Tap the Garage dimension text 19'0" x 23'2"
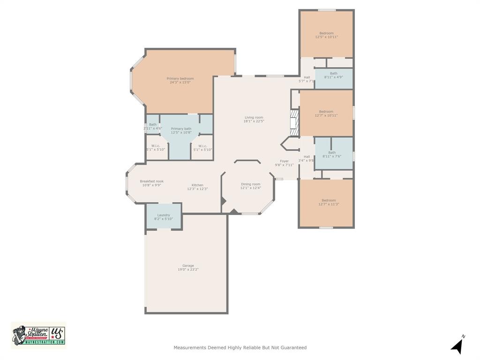tap(188, 270)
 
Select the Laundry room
tap(164, 217)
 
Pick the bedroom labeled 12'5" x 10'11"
tap(326, 35)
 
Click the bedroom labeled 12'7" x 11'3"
tap(329, 202)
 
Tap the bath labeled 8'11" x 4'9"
tap(333, 75)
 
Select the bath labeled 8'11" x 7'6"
tap(332, 154)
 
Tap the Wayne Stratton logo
tap(38, 335)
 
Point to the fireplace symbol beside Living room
tap(294, 123)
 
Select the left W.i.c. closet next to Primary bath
tap(156, 148)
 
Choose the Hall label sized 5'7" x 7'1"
tap(307, 79)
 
